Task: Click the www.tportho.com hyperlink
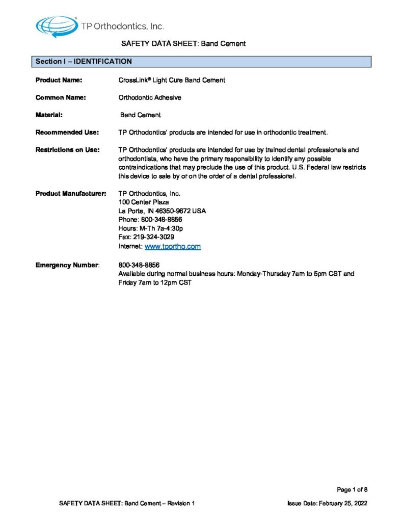click(x=173, y=247)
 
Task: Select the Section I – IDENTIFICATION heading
click(x=84, y=62)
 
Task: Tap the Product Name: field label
click(x=59, y=80)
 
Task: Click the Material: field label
click(x=49, y=115)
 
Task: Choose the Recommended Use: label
click(x=67, y=133)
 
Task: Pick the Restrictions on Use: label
click(x=67, y=150)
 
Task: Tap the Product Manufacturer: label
click(x=70, y=194)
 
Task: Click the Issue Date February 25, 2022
click(x=327, y=504)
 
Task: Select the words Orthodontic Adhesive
click(x=150, y=97)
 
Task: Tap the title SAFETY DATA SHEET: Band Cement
click(x=183, y=44)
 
